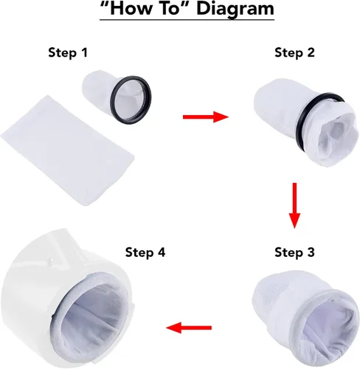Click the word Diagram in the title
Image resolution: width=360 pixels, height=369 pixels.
pyautogui.click(x=235, y=9)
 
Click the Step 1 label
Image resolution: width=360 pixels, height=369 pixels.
pyautogui.click(x=68, y=52)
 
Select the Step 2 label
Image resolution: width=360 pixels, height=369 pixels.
pyautogui.click(x=294, y=52)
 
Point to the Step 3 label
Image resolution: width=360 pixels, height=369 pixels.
pyautogui.click(x=294, y=252)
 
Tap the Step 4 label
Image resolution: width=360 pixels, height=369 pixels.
pyautogui.click(x=145, y=252)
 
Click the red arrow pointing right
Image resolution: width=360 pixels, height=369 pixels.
pyautogui.click(x=206, y=117)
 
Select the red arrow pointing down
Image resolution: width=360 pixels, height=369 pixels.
pyautogui.click(x=294, y=206)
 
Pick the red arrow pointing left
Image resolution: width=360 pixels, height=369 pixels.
pyautogui.click(x=189, y=328)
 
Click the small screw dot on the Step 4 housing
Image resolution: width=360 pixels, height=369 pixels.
pyautogui.click(x=50, y=260)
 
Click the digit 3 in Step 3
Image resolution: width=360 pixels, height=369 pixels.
pyautogui.click(x=311, y=252)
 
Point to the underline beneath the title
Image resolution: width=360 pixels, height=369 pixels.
pyautogui.click(x=187, y=19)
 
